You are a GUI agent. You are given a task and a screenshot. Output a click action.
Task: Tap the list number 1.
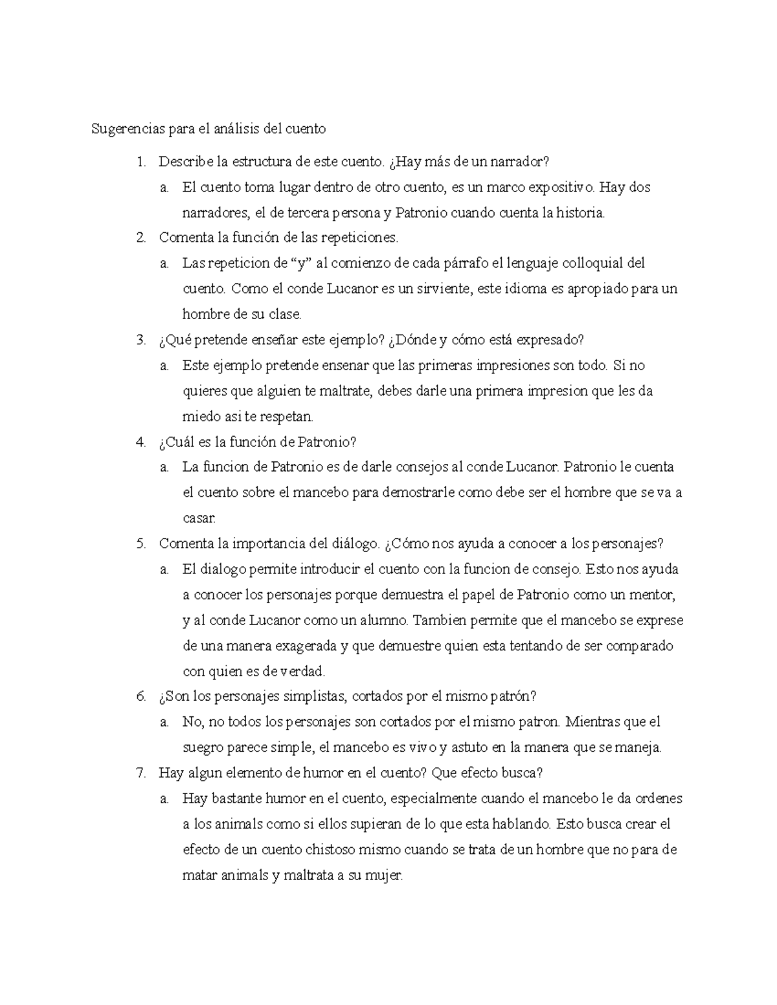click(141, 162)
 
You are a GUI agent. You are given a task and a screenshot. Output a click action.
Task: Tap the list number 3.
click(141, 340)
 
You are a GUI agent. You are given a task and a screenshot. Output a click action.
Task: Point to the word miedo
click(201, 416)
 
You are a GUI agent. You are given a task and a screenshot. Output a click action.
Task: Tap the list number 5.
click(141, 544)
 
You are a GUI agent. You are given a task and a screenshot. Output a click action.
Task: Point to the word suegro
click(203, 748)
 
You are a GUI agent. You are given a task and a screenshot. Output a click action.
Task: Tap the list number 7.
click(141, 773)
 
